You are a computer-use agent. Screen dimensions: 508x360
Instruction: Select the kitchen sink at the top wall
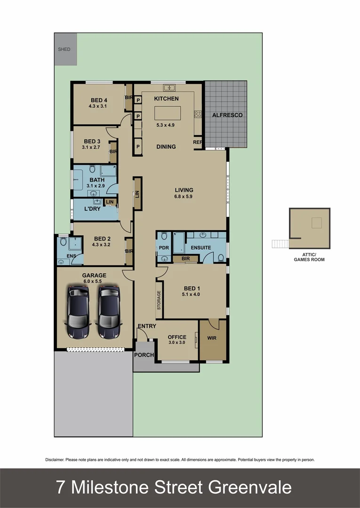click(x=169, y=87)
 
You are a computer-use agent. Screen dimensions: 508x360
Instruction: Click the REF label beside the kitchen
click(x=198, y=142)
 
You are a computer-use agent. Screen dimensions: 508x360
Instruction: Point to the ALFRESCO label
click(x=227, y=115)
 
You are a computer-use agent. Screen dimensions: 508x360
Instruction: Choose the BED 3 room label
click(x=92, y=142)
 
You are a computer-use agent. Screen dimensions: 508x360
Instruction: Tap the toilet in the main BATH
click(x=92, y=169)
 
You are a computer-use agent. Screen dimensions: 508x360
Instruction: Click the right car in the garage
click(x=109, y=312)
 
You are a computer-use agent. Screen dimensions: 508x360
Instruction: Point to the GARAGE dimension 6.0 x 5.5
click(x=93, y=281)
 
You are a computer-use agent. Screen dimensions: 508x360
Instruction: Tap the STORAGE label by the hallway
click(x=159, y=301)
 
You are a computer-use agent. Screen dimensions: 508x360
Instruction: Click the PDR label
click(x=164, y=248)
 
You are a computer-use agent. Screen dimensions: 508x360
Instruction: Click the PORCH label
click(x=144, y=355)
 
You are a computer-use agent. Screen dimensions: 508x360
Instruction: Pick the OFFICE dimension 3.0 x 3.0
click(x=177, y=343)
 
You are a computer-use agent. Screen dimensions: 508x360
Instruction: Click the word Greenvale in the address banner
click(x=255, y=487)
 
